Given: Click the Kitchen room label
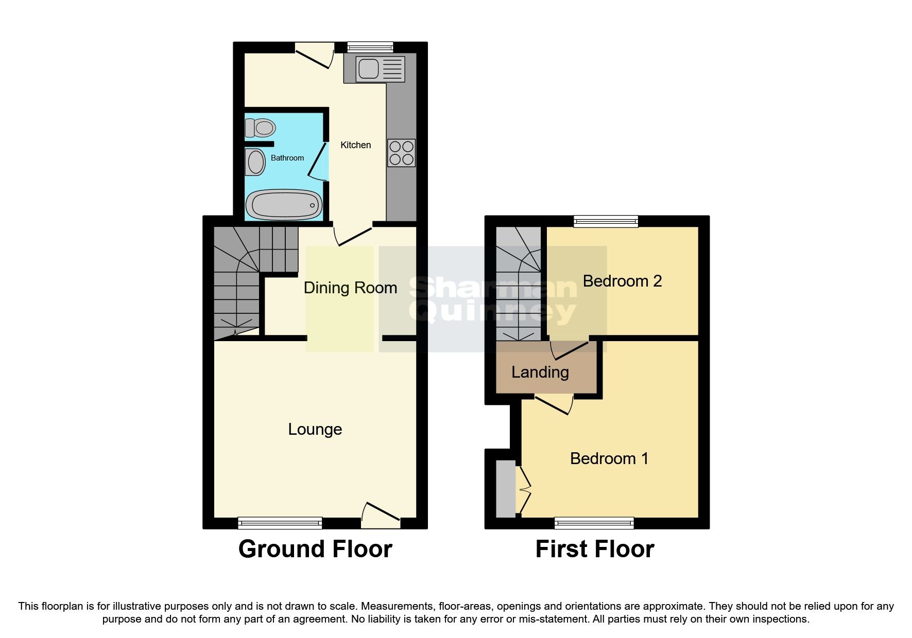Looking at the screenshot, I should (355, 145).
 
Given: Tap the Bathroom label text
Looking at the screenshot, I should (287, 158).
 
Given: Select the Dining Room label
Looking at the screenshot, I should (350, 288).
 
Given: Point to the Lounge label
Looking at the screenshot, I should (315, 429).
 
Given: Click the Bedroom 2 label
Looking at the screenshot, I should (622, 281).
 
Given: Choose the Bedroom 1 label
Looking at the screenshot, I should (609, 458).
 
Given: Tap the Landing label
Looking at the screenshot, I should (540, 372).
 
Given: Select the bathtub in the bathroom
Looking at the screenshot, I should (284, 205).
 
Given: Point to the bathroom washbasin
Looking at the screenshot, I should (255, 162).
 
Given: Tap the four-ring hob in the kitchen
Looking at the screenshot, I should (401, 153).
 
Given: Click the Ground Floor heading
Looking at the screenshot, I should (315, 549).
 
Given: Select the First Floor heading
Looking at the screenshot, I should (595, 549).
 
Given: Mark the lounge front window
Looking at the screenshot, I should (280, 523).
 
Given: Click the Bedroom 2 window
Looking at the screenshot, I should (606, 221).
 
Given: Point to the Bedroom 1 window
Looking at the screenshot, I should (594, 523).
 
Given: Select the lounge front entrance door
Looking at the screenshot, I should (381, 516).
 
